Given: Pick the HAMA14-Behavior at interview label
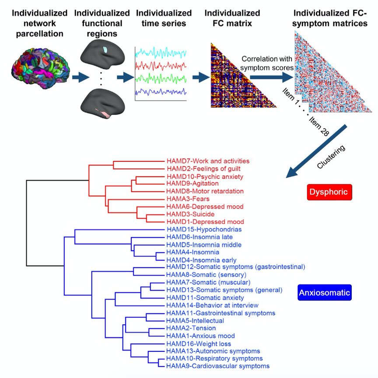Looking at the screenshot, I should tap(212, 305).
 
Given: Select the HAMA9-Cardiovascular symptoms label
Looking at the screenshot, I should tap(218, 366).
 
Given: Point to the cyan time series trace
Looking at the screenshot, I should tap(160, 52).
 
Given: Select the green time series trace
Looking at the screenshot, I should tap(160, 79).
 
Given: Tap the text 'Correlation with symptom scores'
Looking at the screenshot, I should tap(262, 63).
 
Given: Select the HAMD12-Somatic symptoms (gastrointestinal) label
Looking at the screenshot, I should tap(235, 266).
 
